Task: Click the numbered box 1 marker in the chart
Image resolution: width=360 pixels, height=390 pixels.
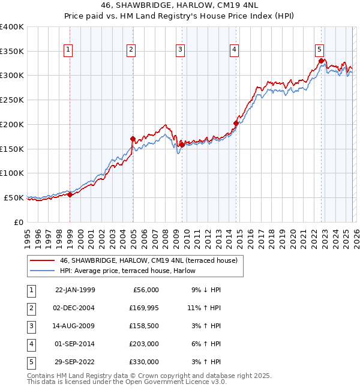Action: click(x=69, y=50)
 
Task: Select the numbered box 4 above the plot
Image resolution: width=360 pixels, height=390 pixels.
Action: click(x=234, y=50)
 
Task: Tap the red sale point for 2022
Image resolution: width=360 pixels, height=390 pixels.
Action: click(x=322, y=61)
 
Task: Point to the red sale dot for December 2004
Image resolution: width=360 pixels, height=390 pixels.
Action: click(x=133, y=139)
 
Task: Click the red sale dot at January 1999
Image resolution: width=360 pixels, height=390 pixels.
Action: click(x=70, y=194)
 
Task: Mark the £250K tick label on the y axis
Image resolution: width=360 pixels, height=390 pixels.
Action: click(x=12, y=100)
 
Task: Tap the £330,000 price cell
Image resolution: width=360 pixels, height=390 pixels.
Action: click(x=145, y=362)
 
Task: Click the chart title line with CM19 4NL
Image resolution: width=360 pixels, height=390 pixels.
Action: click(x=180, y=5)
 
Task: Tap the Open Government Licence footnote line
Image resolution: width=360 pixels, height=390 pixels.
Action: click(x=127, y=382)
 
